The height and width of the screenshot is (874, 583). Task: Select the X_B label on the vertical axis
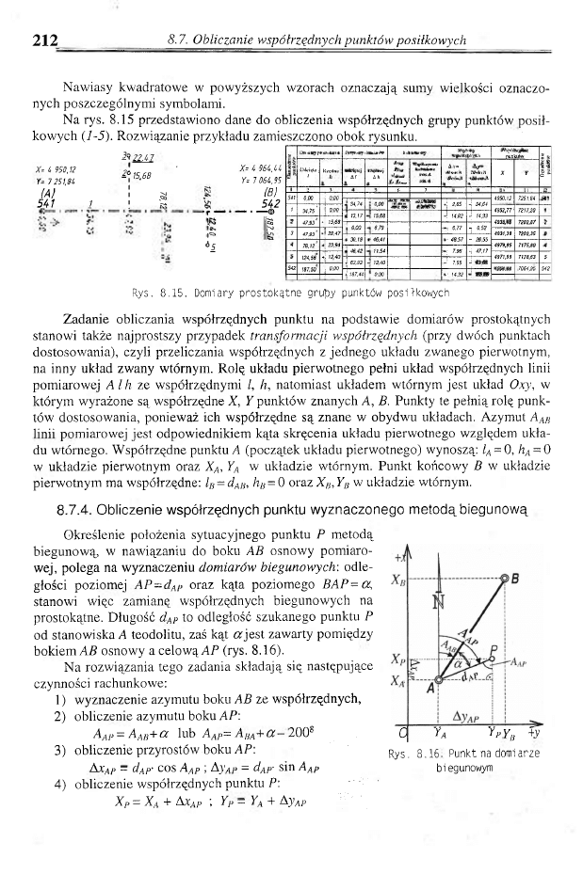click(x=398, y=580)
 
